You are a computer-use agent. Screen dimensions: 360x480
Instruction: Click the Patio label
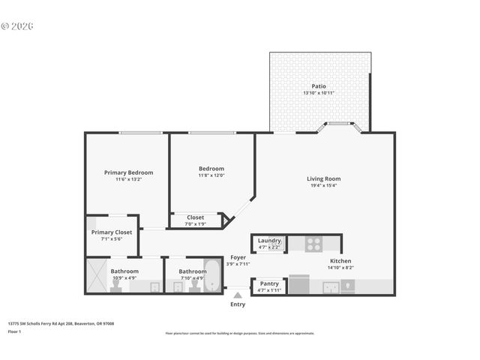(x=319, y=86)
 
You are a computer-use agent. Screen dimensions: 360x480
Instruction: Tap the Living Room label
(x=323, y=178)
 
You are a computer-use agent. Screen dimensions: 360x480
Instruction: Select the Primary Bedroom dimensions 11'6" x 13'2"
(x=128, y=179)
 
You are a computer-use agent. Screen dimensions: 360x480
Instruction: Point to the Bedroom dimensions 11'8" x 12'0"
(x=211, y=175)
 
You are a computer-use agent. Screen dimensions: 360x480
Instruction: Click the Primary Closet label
(x=112, y=232)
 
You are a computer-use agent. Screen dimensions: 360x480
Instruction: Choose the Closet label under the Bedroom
(x=195, y=217)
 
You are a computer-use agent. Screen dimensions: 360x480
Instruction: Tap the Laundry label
(x=268, y=240)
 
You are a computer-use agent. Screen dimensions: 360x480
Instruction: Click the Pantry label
(x=268, y=283)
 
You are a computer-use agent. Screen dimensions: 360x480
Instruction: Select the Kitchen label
(x=340, y=261)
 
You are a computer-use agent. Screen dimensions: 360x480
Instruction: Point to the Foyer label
(x=238, y=257)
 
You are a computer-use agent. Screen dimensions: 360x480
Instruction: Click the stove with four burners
(x=314, y=244)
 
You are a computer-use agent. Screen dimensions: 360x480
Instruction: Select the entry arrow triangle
(x=238, y=295)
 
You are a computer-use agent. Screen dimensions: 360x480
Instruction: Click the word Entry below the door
(x=238, y=304)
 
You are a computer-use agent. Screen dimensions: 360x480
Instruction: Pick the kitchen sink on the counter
(x=330, y=286)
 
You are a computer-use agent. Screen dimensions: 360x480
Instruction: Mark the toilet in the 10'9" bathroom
(x=154, y=286)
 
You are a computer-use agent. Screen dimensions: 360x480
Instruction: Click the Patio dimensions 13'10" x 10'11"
(x=319, y=93)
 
